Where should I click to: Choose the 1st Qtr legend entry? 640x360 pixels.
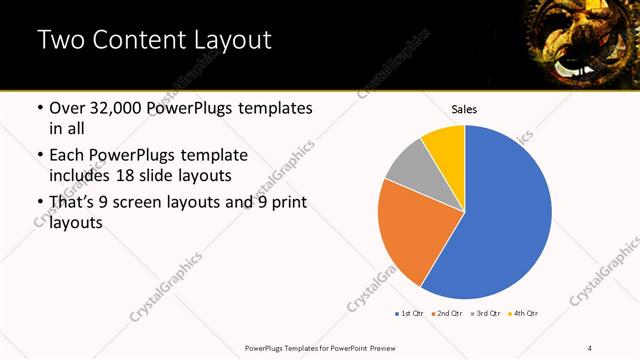pos(408,314)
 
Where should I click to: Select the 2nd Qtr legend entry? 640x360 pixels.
pos(445,314)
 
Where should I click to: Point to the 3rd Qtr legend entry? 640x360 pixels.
pos(484,314)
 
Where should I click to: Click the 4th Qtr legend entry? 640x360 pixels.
pos(523,314)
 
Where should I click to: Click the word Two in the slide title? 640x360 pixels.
pos(63,41)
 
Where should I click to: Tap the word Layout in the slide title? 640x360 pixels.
pos(229,41)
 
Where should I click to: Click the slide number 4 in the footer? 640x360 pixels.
pos(591,347)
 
